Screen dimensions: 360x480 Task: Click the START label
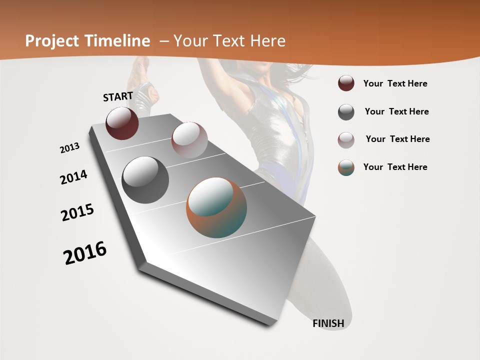coord(118,96)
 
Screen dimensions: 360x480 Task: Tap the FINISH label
coord(328,323)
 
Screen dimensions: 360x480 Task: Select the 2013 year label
coord(69,148)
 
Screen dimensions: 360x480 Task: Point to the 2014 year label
coord(73,177)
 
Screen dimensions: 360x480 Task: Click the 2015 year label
coord(77,212)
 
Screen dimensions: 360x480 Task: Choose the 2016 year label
coord(85,253)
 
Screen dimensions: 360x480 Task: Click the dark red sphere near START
coord(122,123)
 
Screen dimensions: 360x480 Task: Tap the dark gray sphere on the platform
coord(145,180)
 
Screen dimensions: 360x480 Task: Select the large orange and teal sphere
coord(216,207)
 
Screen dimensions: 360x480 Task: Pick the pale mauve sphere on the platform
coord(189,140)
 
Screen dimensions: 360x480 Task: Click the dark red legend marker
coord(346,83)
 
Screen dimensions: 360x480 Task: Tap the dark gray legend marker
coord(346,112)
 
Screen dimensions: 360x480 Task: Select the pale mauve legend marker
coord(346,139)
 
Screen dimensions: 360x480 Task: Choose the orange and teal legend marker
coord(346,167)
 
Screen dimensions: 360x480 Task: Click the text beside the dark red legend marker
coord(395,84)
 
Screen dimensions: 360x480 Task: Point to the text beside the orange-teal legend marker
coord(395,167)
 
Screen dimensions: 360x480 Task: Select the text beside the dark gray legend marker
coord(396,111)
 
